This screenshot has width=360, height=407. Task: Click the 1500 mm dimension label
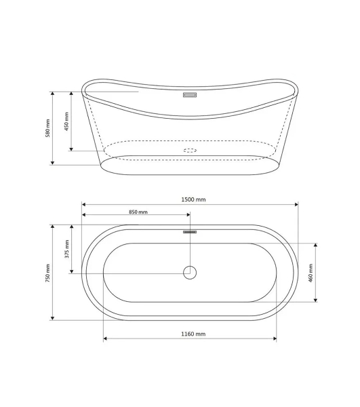[x=193, y=199]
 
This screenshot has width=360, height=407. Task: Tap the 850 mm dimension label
[x=138, y=212]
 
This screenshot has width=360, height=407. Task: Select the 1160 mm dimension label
[x=193, y=334]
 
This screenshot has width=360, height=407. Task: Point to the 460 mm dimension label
[x=311, y=273]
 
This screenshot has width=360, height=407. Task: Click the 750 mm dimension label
[x=47, y=273]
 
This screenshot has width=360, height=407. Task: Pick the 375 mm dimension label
[x=67, y=249]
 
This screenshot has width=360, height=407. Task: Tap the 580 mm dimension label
[x=47, y=128]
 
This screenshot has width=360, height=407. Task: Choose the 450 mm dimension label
[x=66, y=121]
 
